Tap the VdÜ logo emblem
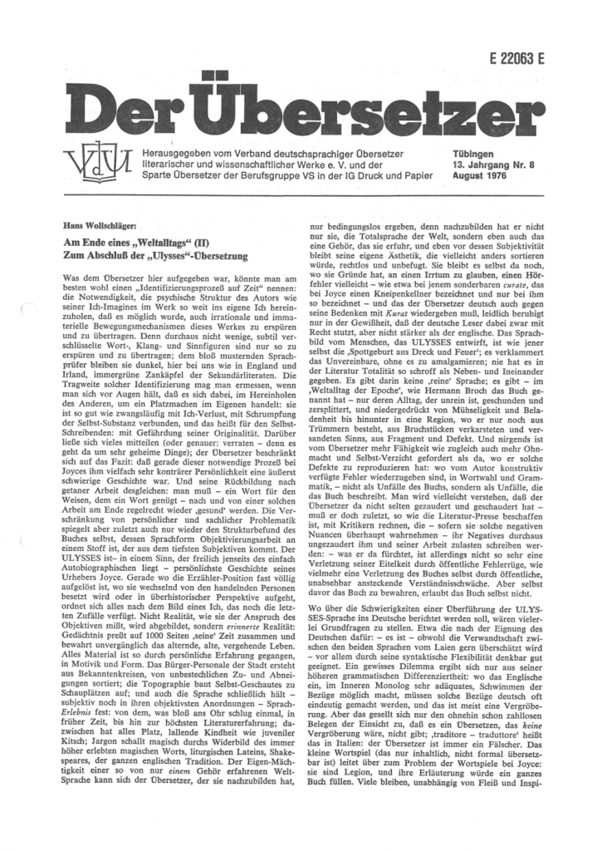[103, 169]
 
